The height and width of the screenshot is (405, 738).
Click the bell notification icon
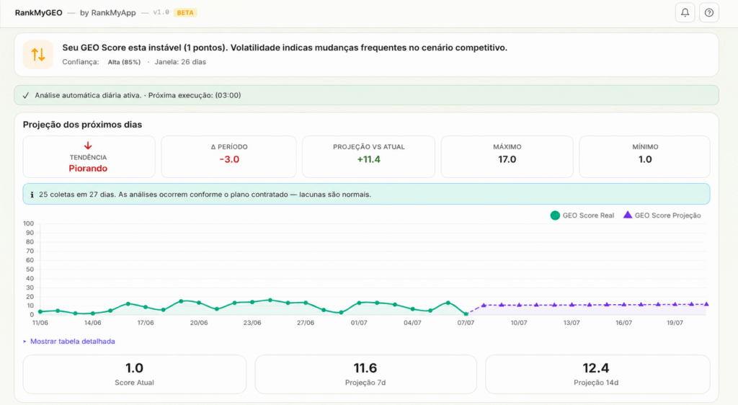tap(685, 13)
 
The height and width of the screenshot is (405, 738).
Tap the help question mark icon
tap(709, 13)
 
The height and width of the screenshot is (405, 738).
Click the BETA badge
tap(185, 13)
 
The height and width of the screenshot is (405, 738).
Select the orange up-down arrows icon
tap(38, 55)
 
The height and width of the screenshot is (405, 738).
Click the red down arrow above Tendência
tap(88, 146)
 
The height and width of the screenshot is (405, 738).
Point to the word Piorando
tap(88, 169)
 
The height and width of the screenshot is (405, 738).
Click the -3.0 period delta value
tap(229, 159)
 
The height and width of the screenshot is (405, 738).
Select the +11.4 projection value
tap(368, 159)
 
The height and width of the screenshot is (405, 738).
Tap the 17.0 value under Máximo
tap(507, 159)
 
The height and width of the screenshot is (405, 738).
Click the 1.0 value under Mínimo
tap(645, 159)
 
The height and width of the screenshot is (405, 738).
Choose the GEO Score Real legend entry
tap(582, 215)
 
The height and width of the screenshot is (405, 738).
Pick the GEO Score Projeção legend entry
tap(662, 215)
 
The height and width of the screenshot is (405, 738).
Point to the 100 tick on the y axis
tap(28, 223)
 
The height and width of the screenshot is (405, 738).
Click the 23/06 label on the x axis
tap(252, 323)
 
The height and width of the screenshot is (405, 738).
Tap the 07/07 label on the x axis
tap(466, 323)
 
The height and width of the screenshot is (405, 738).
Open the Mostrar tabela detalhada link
tap(73, 342)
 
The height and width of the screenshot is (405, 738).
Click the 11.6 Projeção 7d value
tap(365, 368)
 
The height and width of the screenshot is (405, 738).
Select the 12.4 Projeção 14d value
tap(596, 368)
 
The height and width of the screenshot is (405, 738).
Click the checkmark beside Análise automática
tap(26, 96)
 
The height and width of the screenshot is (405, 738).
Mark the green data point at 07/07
tap(466, 313)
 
